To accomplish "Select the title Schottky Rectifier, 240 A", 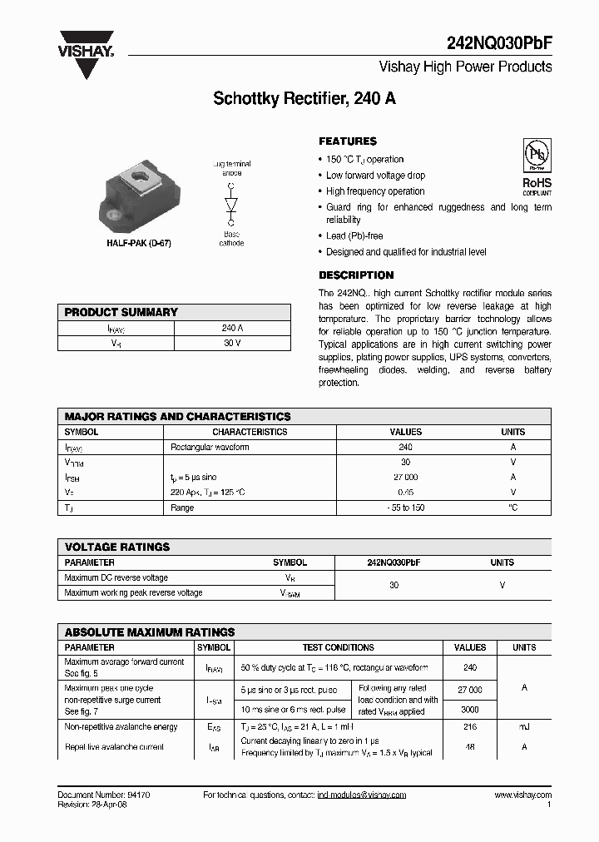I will click(304, 98).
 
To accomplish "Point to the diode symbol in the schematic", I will click(230, 204).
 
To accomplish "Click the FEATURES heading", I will click(348, 141).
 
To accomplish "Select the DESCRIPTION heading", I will click(356, 275).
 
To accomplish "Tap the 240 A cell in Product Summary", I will click(232, 329).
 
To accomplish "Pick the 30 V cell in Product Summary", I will click(232, 344).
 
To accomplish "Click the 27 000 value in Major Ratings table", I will click(405, 478).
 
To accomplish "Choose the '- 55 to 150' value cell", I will click(405, 508).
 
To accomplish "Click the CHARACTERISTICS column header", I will click(250, 433).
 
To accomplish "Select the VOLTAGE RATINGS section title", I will click(117, 547).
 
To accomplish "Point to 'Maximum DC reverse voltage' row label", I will click(116, 577).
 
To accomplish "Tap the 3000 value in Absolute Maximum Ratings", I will click(470, 710).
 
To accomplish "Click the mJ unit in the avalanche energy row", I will click(524, 727).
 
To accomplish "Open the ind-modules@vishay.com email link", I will click(361, 795).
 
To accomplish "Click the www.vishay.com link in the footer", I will click(522, 795).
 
